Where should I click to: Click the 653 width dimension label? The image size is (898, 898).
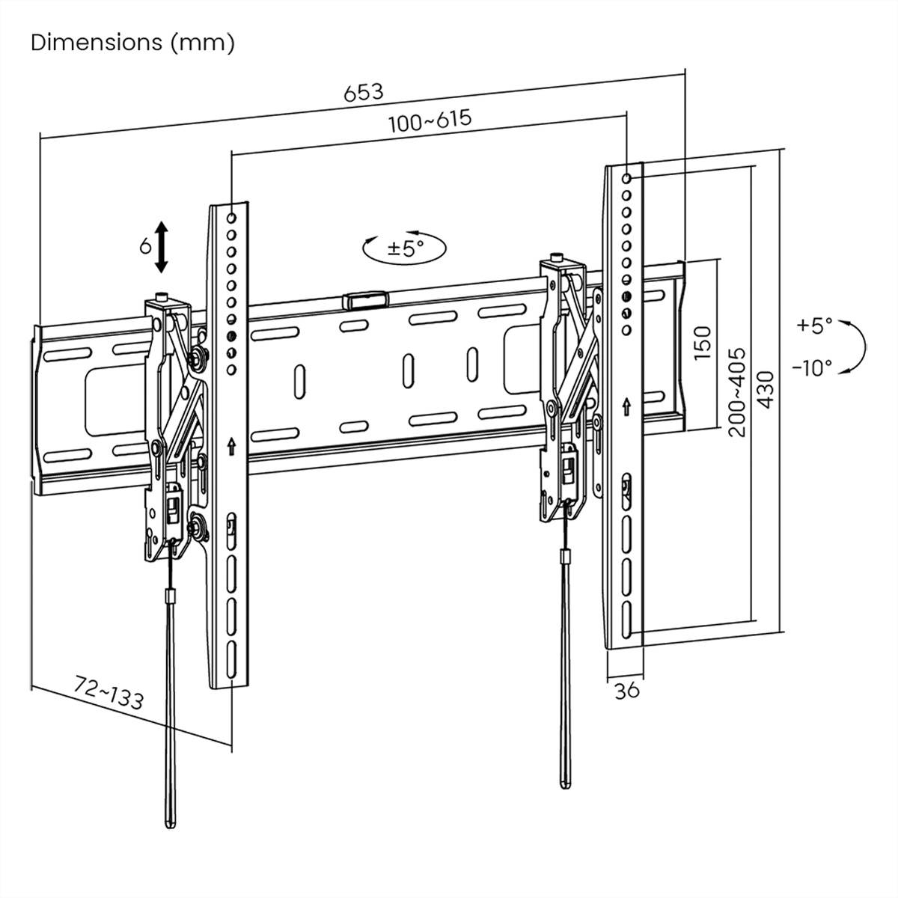click(364, 92)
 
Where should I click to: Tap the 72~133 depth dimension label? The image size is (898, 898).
click(109, 691)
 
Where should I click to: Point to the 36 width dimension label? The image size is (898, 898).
click(626, 690)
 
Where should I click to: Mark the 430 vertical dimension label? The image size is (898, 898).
click(765, 390)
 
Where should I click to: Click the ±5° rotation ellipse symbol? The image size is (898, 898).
click(405, 247)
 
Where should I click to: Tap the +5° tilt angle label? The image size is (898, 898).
click(814, 326)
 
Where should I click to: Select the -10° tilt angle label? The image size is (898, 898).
click(812, 367)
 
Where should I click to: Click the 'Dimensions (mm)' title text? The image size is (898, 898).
click(132, 43)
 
